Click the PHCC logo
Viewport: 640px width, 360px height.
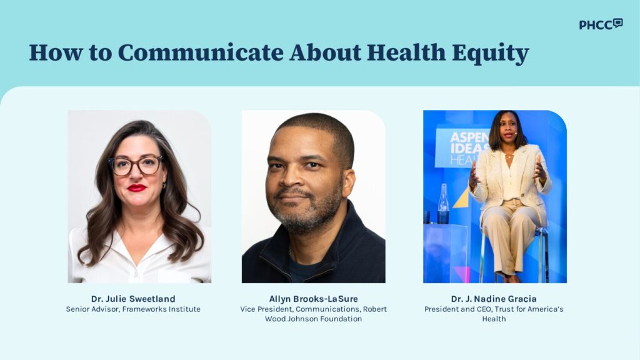601,24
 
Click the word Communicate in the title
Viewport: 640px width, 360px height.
201,52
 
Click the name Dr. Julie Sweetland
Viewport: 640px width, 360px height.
133,299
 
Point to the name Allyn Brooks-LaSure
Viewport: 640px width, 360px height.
314,299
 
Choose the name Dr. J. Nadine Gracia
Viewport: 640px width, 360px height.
494,299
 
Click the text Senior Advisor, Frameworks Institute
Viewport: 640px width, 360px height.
133,309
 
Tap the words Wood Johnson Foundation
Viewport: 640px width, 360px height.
314,319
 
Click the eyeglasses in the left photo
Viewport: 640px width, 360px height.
136,165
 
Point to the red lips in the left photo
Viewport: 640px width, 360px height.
137,187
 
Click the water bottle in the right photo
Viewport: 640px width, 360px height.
443,204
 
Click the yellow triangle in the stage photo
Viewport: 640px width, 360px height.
461,198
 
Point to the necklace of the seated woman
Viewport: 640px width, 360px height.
509,156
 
